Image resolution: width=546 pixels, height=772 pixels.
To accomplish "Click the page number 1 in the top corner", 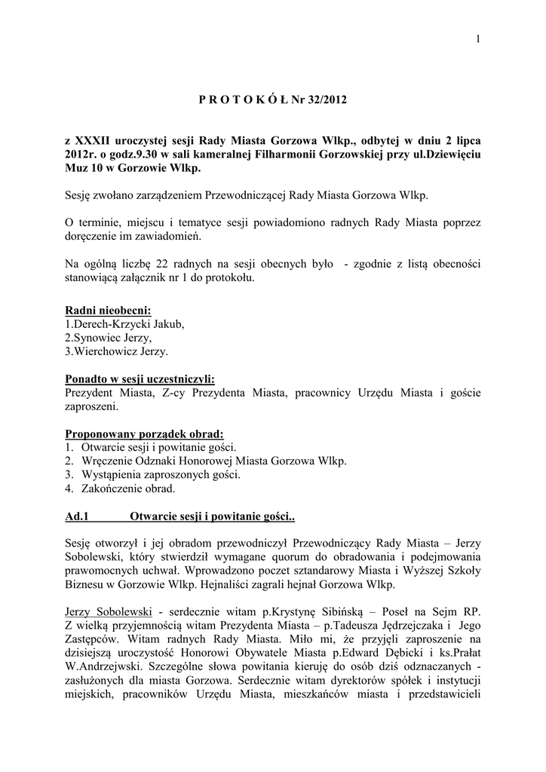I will [x=478, y=40].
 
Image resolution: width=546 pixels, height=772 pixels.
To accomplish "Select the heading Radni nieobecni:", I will [x=108, y=311].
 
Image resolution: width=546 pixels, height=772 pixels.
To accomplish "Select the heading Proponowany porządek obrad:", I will [x=145, y=434].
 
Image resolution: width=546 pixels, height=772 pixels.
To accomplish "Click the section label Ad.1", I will [x=78, y=517].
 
